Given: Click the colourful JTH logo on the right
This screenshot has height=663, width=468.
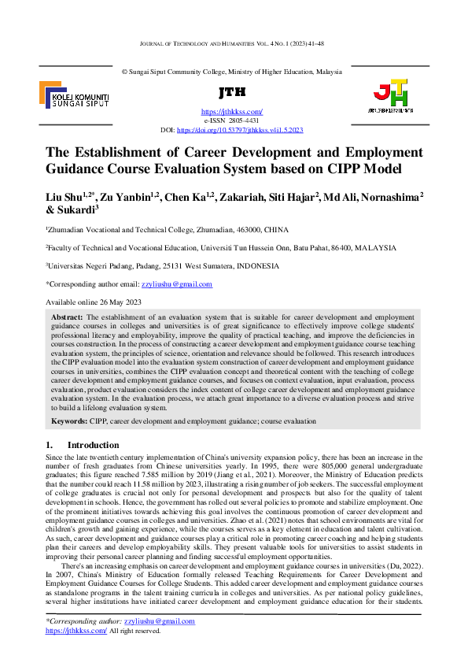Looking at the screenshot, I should coord(391,95).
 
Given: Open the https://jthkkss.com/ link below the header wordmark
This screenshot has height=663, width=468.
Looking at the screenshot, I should coord(232,113).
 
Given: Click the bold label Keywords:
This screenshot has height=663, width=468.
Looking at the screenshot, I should coord(70,421).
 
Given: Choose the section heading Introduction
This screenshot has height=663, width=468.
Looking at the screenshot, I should coord(93,445).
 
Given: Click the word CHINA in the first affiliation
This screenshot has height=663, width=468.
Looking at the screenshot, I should coord(273,228).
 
